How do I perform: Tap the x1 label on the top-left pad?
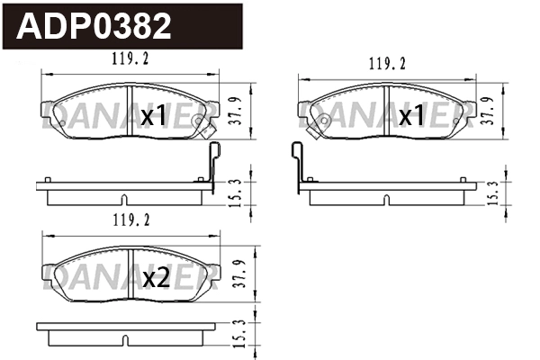[x=154, y=116]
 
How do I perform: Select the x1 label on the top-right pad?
[x=411, y=116]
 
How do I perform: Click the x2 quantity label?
[x=156, y=278]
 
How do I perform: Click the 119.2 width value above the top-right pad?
[x=387, y=64]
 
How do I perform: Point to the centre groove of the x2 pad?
[x=131, y=270]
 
